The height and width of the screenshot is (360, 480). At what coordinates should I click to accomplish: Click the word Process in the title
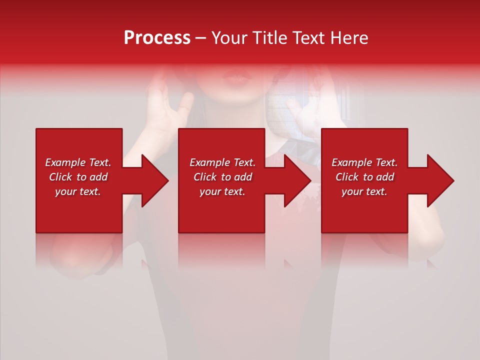click(157, 38)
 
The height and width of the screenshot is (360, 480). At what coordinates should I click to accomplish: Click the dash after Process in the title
click(200, 38)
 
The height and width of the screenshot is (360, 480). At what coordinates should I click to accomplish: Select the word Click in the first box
click(61, 177)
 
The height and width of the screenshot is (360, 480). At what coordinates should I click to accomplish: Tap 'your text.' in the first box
click(78, 191)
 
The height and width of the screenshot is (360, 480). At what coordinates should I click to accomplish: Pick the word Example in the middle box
click(206, 162)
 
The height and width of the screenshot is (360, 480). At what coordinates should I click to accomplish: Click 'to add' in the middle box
click(237, 177)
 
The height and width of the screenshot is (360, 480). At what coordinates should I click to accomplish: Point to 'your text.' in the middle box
click(222, 191)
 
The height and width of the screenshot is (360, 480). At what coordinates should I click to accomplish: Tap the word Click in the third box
click(347, 177)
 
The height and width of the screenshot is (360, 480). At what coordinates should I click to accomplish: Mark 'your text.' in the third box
click(364, 191)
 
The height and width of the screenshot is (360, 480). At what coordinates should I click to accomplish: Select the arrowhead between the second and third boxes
click(296, 180)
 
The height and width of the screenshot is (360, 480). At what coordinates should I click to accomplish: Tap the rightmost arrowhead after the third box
click(439, 180)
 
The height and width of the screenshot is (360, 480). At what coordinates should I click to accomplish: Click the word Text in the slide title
click(308, 38)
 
